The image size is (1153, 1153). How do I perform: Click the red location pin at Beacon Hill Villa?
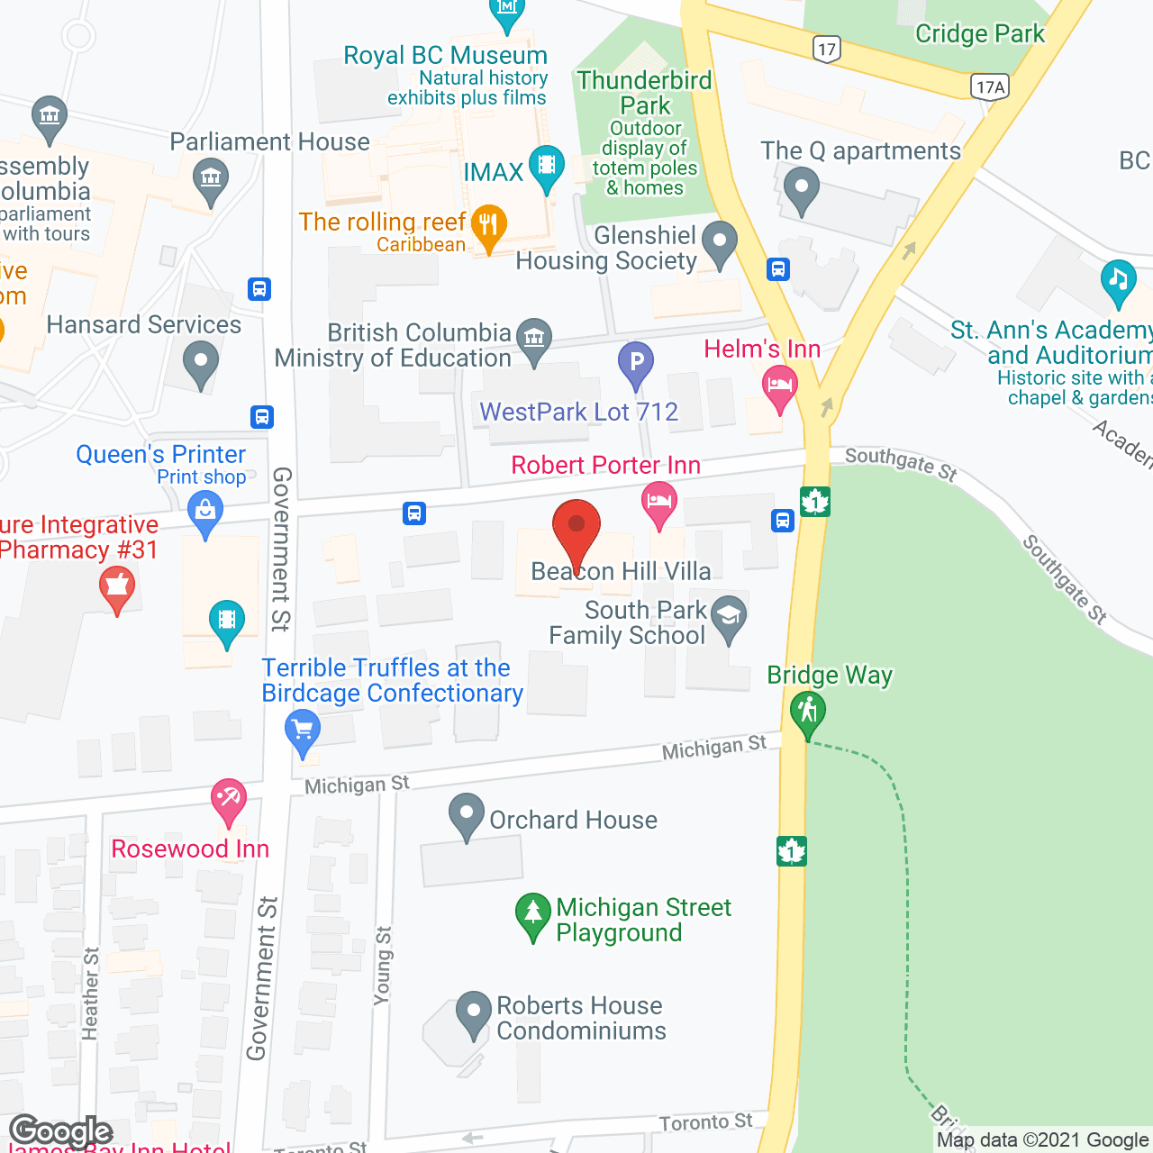[576, 527]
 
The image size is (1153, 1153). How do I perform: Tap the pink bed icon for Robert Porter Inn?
[659, 502]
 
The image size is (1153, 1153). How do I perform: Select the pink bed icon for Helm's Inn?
[780, 387]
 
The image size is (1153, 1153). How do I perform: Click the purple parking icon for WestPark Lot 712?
[636, 363]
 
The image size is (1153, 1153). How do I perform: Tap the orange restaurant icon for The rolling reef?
[488, 224]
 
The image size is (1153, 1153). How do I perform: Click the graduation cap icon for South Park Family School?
[729, 616]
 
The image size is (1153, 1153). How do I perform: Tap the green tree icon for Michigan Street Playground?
[532, 912]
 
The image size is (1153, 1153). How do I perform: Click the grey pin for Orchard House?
[466, 813]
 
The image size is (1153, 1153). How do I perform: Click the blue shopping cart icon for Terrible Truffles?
[302, 729]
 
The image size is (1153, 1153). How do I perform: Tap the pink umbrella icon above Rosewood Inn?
[228, 799]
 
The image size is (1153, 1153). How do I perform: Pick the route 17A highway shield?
[990, 86]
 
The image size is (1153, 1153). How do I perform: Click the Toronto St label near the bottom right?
[705, 1122]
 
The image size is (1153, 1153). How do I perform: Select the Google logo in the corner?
[61, 1131]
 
